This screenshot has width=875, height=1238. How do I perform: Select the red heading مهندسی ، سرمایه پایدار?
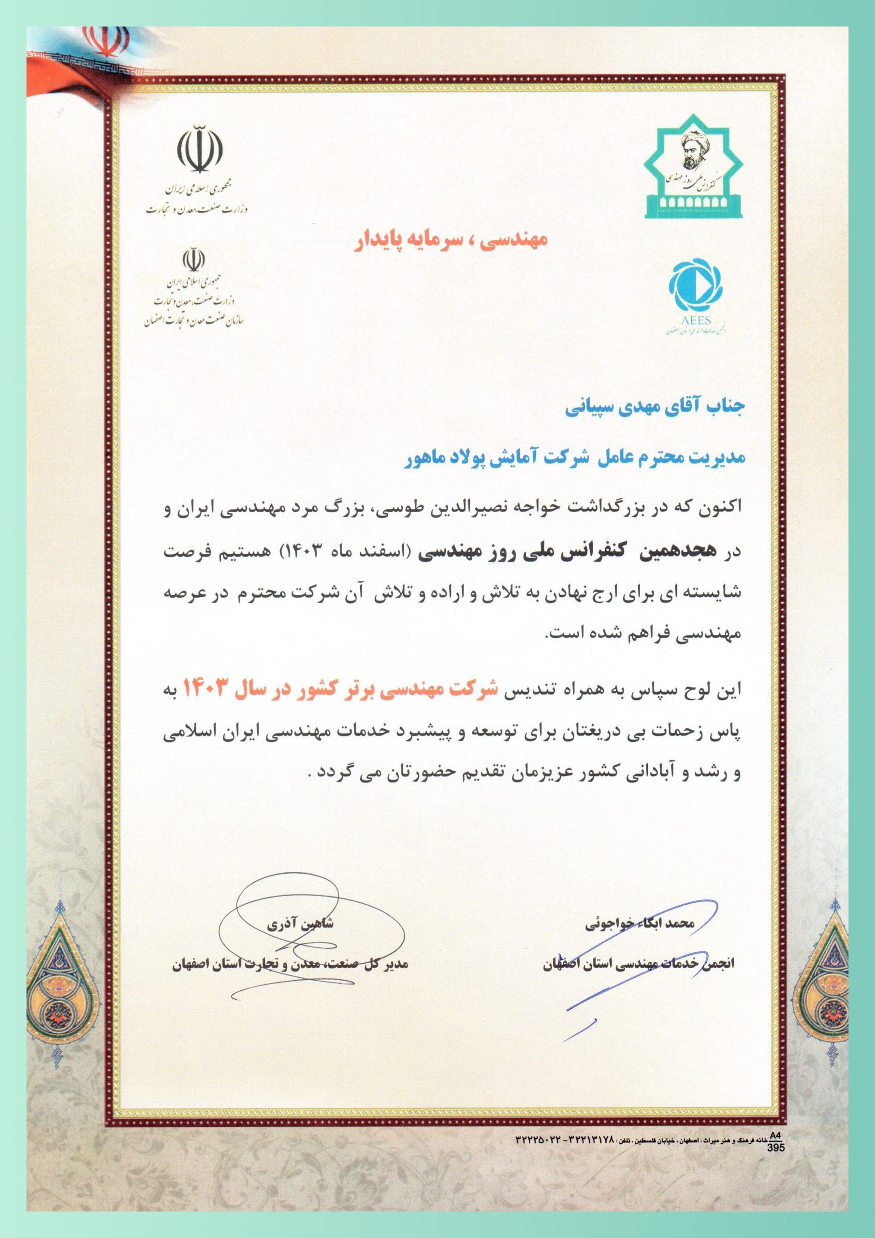(450, 238)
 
